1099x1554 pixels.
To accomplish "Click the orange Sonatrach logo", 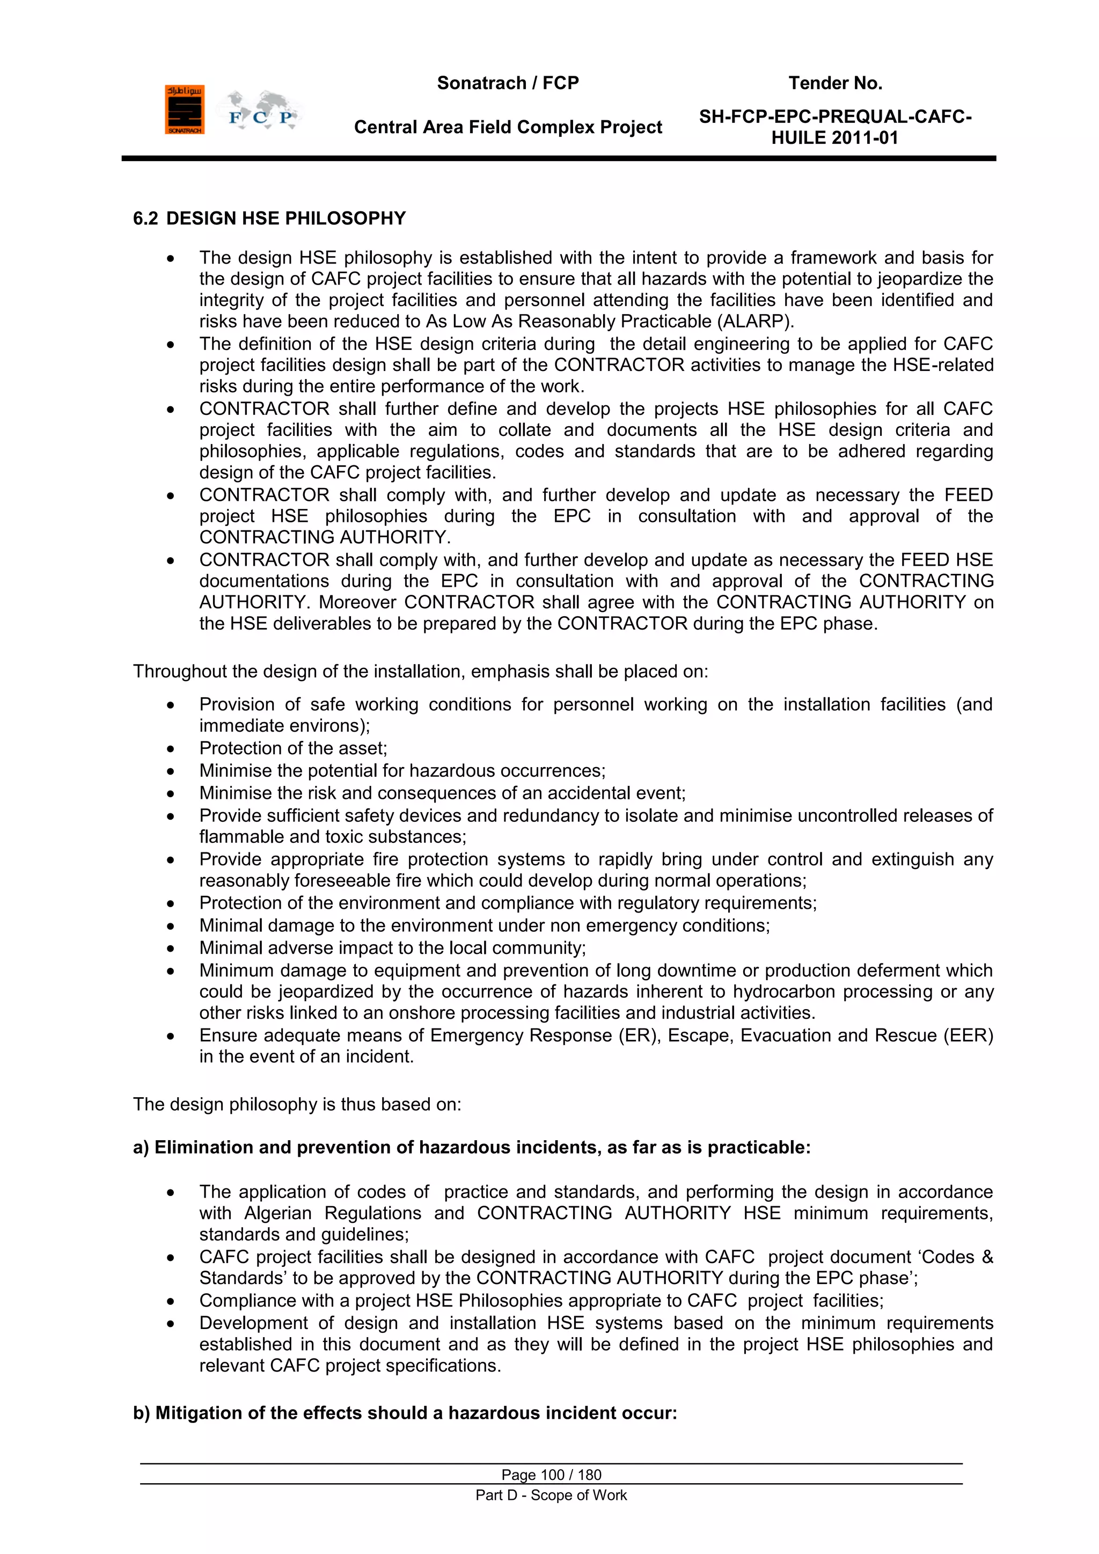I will point(184,110).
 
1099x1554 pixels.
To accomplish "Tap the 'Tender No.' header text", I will point(835,83).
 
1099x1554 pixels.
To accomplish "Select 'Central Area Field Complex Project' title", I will point(508,127).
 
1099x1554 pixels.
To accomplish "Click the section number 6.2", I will point(145,218).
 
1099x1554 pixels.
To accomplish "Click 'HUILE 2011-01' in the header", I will point(834,138).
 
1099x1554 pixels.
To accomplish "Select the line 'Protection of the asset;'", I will point(293,748).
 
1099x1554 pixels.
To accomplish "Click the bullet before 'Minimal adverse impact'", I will point(171,949).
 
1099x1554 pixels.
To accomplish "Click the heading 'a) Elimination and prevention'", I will point(472,1147).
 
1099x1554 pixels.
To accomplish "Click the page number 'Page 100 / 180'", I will point(551,1475).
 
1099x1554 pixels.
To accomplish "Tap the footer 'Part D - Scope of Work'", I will point(551,1495).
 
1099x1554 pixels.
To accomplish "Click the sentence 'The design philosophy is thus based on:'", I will point(297,1104).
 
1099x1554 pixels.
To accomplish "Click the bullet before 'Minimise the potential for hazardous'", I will point(171,771).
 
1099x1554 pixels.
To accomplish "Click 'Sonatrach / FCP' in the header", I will point(508,83).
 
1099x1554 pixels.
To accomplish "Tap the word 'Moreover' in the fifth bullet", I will point(358,602).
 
